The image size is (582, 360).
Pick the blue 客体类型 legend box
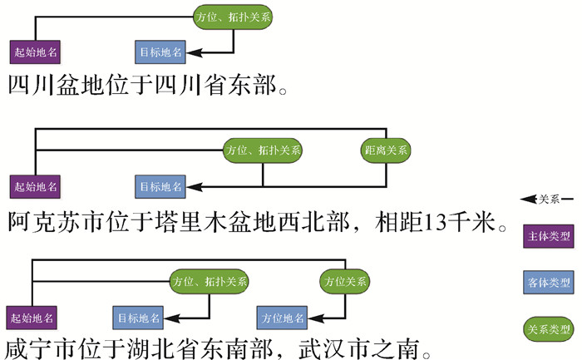click(x=549, y=284)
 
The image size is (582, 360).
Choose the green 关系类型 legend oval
click(x=549, y=331)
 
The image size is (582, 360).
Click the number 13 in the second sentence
click(x=437, y=222)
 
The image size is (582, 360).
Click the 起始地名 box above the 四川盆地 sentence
click(x=35, y=52)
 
